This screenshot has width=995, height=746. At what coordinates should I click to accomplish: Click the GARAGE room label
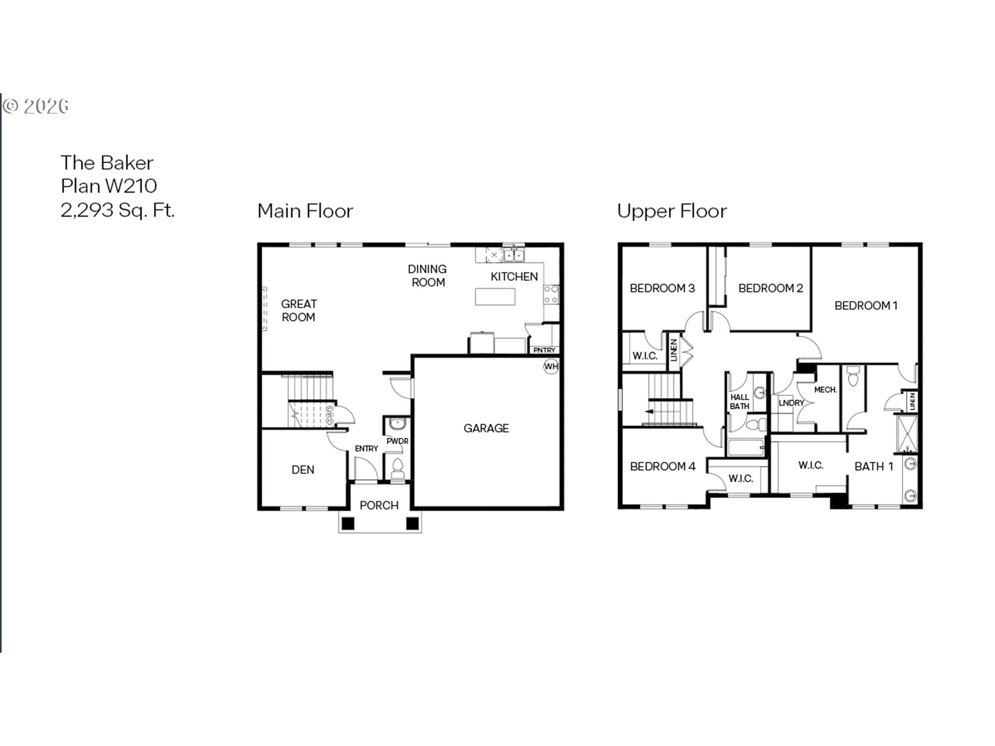click(x=486, y=428)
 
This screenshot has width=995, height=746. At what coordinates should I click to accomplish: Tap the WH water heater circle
click(x=551, y=367)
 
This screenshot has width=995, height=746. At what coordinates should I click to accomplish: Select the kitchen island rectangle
click(x=495, y=297)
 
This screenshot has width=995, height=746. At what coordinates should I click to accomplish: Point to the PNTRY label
click(x=544, y=350)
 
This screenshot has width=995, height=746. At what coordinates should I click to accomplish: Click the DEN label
click(x=303, y=470)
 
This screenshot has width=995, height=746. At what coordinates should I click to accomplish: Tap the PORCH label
click(x=379, y=506)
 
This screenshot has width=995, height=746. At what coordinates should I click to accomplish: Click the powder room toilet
click(x=397, y=468)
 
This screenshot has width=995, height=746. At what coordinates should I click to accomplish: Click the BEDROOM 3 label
click(x=662, y=289)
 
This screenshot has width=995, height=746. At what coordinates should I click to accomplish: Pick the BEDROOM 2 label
click(x=771, y=289)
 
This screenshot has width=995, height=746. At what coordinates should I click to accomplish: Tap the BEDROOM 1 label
click(x=866, y=306)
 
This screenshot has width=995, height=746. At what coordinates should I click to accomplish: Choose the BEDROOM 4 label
click(x=662, y=467)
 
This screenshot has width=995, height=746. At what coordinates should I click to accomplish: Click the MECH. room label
click(x=826, y=390)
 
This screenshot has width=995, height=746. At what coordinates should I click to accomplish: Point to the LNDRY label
click(x=791, y=403)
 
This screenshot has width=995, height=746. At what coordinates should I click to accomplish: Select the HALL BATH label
click(x=740, y=402)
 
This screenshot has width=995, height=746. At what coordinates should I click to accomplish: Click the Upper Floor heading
click(x=672, y=211)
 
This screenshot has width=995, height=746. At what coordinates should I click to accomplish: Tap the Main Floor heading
click(x=305, y=211)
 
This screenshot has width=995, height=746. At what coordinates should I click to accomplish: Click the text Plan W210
click(x=109, y=186)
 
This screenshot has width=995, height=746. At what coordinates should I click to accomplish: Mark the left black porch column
click(x=348, y=523)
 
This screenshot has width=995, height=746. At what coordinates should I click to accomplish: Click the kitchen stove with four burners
click(x=551, y=295)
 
